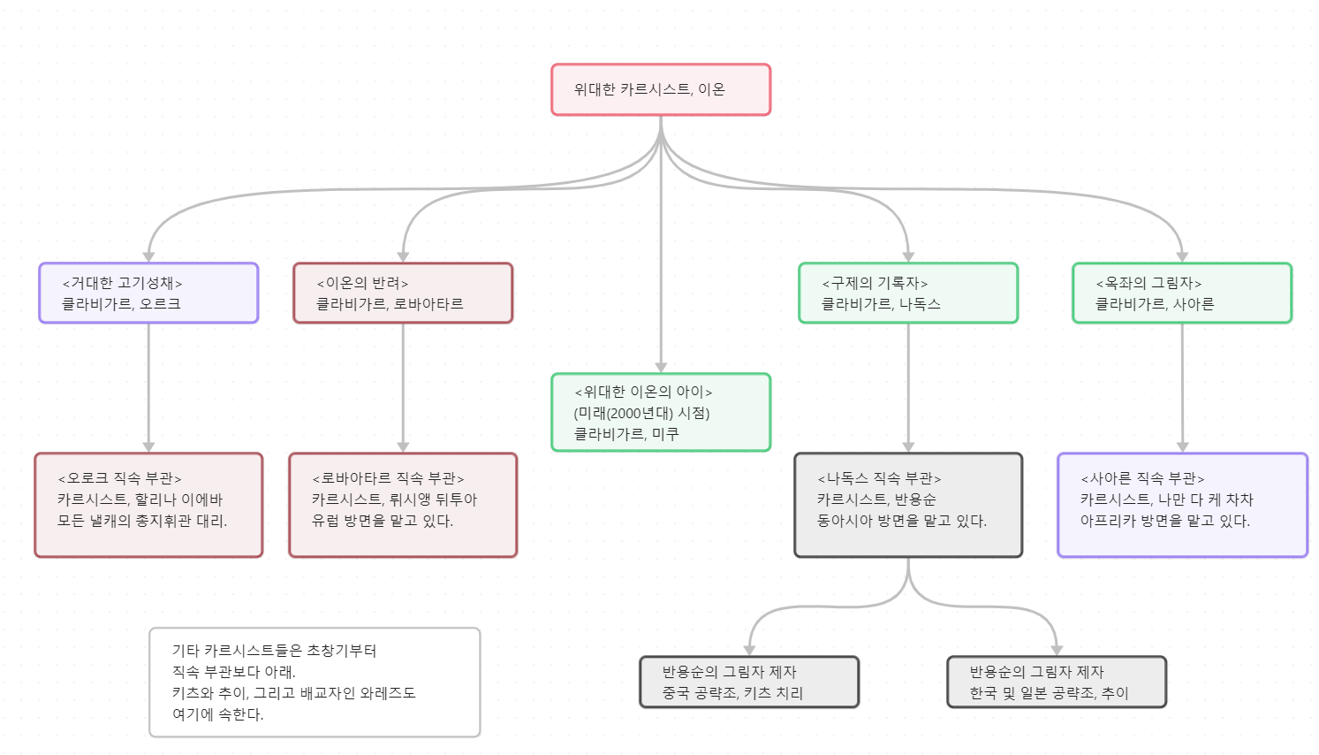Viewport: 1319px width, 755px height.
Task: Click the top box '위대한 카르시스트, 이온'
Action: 661,89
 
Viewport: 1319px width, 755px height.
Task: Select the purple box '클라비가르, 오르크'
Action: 148,293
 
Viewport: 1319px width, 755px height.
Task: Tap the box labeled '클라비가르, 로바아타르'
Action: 403,293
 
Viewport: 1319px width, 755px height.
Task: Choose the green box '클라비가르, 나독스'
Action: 908,293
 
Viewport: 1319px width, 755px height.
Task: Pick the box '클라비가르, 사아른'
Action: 1182,293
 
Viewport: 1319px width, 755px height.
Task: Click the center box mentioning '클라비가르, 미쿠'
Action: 661,412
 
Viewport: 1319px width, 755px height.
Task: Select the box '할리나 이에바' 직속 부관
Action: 148,505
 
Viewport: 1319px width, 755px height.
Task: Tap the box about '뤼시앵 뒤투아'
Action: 403,505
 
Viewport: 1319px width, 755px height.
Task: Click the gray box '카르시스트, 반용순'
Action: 908,505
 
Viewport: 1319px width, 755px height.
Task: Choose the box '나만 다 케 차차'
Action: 1182,505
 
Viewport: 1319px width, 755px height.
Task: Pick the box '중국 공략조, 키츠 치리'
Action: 749,682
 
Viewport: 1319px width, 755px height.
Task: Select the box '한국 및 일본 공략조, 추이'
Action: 1057,682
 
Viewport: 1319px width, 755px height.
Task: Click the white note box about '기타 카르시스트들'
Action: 315,682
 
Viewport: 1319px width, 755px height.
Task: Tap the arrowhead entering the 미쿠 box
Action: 661,367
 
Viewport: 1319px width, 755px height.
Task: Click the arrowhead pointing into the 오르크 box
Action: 148,256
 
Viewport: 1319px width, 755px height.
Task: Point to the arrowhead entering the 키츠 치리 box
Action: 749,650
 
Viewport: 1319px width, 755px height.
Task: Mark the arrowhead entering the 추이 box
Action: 1057,650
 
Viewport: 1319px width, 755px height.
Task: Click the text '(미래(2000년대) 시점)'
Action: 642,413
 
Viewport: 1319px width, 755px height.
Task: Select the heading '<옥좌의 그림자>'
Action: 1148,283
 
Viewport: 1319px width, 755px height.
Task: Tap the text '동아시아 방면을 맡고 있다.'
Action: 901,521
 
